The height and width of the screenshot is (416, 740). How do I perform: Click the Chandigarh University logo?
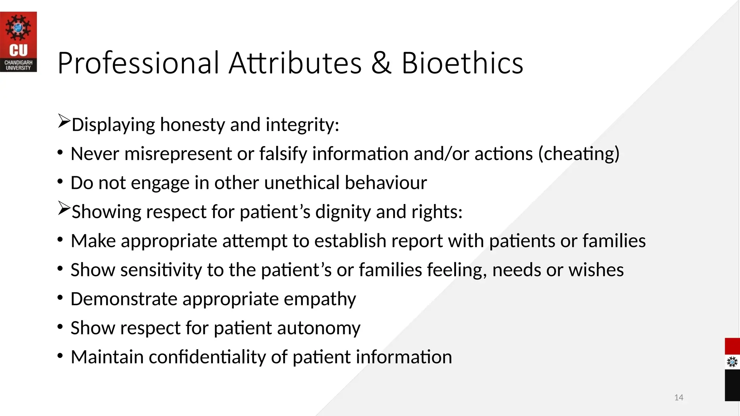coord(18,42)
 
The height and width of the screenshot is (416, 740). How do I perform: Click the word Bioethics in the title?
coord(462,63)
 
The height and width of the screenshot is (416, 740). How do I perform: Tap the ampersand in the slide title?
coord(381,63)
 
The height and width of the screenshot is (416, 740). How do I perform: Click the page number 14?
coord(679,398)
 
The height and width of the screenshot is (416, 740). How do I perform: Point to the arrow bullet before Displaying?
coord(64,122)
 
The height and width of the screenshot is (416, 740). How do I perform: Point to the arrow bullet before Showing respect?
coord(64,209)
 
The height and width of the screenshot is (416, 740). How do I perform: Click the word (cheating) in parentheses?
coord(579,154)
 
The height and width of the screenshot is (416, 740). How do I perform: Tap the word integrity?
coord(302,125)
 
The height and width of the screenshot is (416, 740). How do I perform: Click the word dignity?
coord(343,212)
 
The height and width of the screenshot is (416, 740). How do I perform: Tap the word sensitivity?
coord(161,270)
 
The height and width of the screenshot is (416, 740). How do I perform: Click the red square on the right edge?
coord(732,346)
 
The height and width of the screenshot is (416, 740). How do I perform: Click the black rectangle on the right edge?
coord(732,385)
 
